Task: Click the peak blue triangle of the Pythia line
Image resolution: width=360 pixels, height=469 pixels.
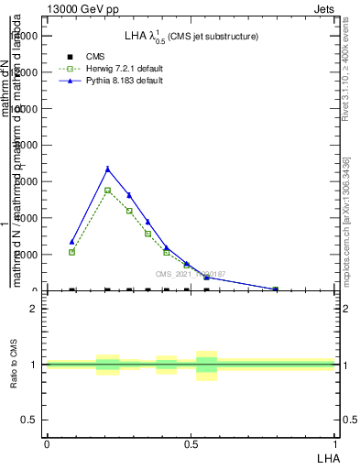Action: [108, 169]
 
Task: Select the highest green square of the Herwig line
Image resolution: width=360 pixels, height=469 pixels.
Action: [108, 190]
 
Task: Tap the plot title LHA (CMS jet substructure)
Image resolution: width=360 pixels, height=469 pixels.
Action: [191, 37]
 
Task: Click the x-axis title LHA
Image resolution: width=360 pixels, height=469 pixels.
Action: [327, 456]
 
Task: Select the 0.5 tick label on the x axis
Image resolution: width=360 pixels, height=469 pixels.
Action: [191, 443]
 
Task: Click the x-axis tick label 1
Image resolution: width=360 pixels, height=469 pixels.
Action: [334, 443]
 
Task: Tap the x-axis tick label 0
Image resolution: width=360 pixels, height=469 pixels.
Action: [47, 443]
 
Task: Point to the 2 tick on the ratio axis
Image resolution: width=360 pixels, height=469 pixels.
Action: [33, 309]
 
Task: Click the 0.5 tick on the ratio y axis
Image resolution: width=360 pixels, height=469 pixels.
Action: [28, 420]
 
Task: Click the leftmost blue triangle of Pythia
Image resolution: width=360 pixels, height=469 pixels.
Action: [71, 242]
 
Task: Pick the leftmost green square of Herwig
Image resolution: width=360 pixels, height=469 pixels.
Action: [71, 252]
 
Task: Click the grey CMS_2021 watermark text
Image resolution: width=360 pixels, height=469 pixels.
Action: [191, 274]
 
